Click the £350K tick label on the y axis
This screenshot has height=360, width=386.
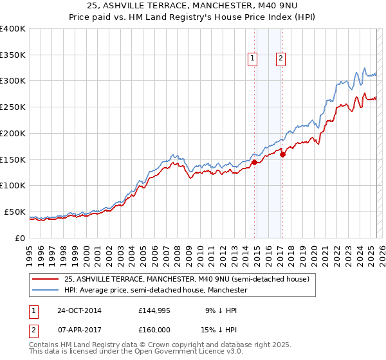(13, 55)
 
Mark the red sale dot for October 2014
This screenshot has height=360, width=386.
(254, 162)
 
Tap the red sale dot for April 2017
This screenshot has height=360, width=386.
(282, 154)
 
